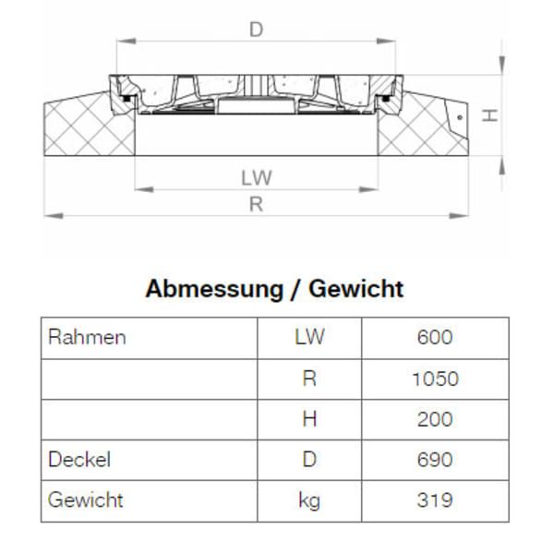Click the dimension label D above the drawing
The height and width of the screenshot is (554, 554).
click(x=257, y=30)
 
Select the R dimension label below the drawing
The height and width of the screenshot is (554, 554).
click(x=257, y=205)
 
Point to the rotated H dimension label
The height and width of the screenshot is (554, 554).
click(x=491, y=115)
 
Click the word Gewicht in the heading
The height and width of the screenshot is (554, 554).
click(x=356, y=289)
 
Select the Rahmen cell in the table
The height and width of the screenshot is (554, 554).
click(x=86, y=337)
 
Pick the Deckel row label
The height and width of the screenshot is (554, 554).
click(x=79, y=459)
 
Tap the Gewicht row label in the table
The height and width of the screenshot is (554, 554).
click(x=85, y=500)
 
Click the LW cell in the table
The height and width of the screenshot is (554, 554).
click(x=309, y=337)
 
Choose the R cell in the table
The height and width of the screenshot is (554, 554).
click(x=309, y=379)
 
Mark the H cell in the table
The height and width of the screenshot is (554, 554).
click(x=309, y=419)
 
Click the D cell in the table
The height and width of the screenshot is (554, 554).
click(x=309, y=459)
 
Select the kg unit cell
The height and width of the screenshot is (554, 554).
click(x=309, y=500)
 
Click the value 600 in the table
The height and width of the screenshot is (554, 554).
click(x=435, y=337)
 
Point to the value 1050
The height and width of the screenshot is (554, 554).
click(x=435, y=379)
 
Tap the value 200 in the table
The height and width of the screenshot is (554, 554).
click(x=435, y=419)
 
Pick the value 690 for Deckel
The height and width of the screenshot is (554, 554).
click(x=435, y=459)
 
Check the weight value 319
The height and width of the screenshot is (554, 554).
click(x=435, y=500)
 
